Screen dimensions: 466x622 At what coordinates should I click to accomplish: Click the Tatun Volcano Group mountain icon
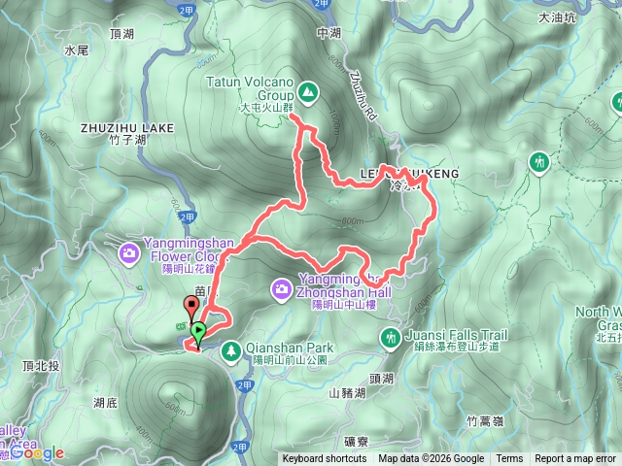[308, 92]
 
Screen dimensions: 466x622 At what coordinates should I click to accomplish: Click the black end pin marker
[191, 309]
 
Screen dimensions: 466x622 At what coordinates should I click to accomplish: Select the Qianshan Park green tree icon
[231, 349]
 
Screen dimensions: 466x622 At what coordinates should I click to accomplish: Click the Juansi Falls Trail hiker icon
[390, 337]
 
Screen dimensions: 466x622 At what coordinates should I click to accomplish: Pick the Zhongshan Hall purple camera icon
[280, 288]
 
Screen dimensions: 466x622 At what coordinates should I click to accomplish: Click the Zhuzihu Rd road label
[361, 98]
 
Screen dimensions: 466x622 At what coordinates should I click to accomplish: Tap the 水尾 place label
[76, 49]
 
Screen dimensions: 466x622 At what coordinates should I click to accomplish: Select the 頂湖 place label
[122, 33]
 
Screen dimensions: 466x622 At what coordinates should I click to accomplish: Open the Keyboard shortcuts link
[325, 459]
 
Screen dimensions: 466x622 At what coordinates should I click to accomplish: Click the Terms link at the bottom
[509, 459]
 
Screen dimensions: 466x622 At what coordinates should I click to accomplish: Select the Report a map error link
[575, 459]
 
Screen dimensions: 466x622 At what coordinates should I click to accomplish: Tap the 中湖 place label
[329, 33]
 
